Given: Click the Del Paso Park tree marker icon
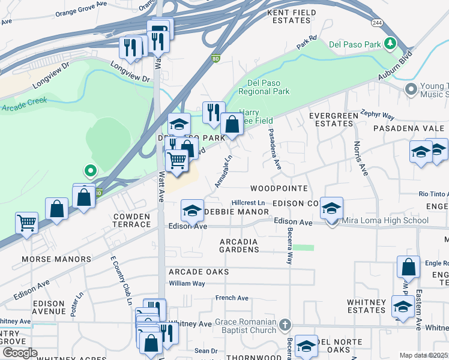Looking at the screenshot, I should click(x=391, y=43).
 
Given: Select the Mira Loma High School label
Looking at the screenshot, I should click(x=385, y=221).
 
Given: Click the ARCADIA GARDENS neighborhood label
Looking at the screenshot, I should click(x=239, y=246).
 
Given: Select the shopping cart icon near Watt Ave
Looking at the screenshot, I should click(x=176, y=160).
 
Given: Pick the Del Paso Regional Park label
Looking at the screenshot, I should click(x=264, y=87).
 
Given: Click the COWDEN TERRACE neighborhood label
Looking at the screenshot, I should click(x=132, y=220).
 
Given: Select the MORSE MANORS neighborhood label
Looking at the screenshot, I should click(x=56, y=259).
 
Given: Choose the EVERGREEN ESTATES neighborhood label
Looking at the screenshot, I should click(x=331, y=119).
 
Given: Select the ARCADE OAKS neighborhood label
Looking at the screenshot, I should click(x=199, y=272).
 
